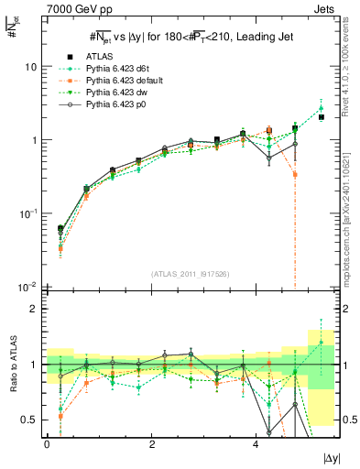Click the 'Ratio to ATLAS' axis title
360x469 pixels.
12,365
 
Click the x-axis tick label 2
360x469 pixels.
151,442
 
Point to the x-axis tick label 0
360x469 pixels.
47,442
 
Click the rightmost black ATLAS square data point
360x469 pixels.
321,117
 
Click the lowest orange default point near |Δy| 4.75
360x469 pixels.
295,174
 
